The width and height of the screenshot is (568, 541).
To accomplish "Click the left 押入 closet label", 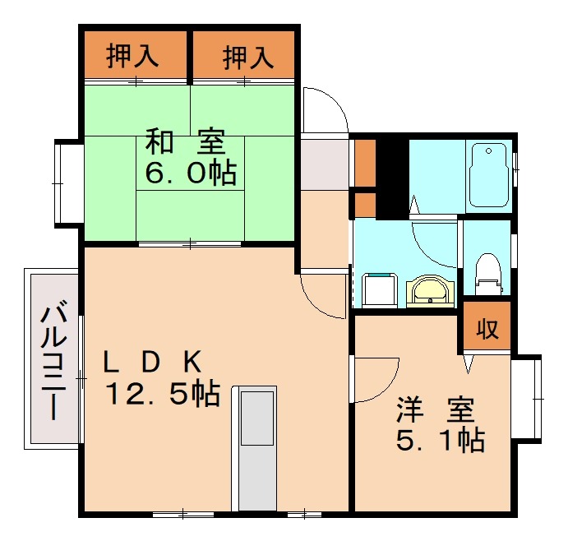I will pyautogui.click(x=132, y=57).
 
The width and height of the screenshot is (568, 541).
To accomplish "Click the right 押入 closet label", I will pyautogui.click(x=247, y=57).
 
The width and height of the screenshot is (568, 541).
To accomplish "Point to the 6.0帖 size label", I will pyautogui.click(x=191, y=173).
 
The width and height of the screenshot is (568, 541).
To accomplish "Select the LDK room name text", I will pyautogui.click(x=153, y=362).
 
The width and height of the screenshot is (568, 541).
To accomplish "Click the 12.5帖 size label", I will pyautogui.click(x=161, y=395).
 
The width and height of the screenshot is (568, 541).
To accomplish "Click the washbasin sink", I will pyautogui.click(x=428, y=290).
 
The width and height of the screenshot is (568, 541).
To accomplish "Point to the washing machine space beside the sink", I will pyautogui.click(x=380, y=289).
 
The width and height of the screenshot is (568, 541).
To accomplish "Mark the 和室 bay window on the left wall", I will pyautogui.click(x=68, y=183).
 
